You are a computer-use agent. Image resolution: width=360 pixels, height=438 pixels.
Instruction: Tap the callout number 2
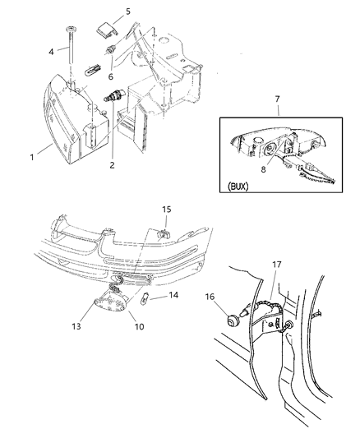click(111, 164)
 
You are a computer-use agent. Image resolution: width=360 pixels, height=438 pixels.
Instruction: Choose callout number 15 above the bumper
click(167, 210)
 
